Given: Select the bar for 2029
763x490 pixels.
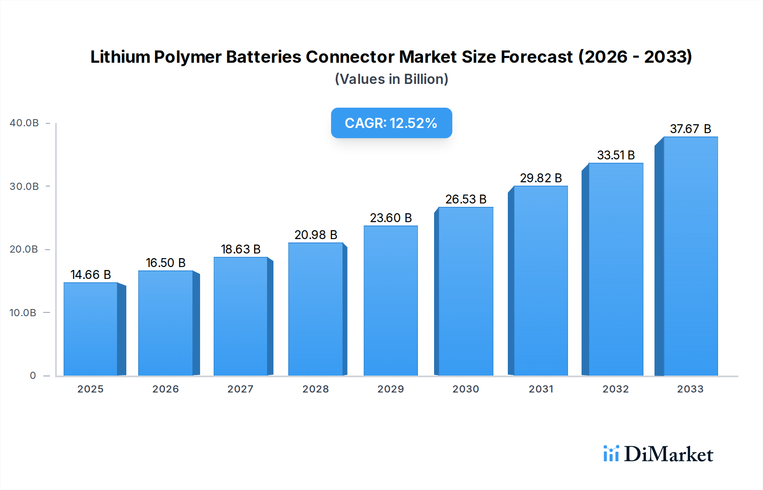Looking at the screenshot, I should (x=390, y=301).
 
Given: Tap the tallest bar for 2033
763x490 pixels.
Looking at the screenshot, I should (x=691, y=256).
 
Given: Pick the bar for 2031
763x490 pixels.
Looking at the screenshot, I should (x=540, y=281).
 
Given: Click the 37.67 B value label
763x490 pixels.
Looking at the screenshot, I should (x=690, y=129).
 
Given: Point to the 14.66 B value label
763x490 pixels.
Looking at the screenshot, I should (x=91, y=275).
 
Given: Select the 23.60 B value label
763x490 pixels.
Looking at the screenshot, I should (x=390, y=218).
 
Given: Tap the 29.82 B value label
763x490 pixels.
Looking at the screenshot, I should (x=541, y=178).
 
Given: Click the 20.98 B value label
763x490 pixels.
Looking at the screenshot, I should (x=316, y=235).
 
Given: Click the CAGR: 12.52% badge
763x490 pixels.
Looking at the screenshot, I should (x=391, y=123).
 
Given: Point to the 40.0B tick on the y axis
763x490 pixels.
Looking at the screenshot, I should (x=24, y=123).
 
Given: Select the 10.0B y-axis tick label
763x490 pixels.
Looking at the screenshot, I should (x=23, y=313).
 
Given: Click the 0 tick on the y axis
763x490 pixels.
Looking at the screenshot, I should (x=33, y=376).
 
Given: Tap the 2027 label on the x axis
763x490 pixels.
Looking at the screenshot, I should (x=240, y=389).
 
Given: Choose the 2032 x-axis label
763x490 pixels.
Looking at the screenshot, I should (x=615, y=389).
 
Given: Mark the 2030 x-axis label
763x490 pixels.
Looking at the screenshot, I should (x=465, y=389).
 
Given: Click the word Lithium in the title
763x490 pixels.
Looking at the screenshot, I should (x=120, y=57).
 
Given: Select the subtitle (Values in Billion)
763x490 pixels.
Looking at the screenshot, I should (x=391, y=79).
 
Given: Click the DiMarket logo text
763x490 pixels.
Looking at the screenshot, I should (x=668, y=454).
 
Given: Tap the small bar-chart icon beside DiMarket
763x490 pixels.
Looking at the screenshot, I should (x=611, y=454).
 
